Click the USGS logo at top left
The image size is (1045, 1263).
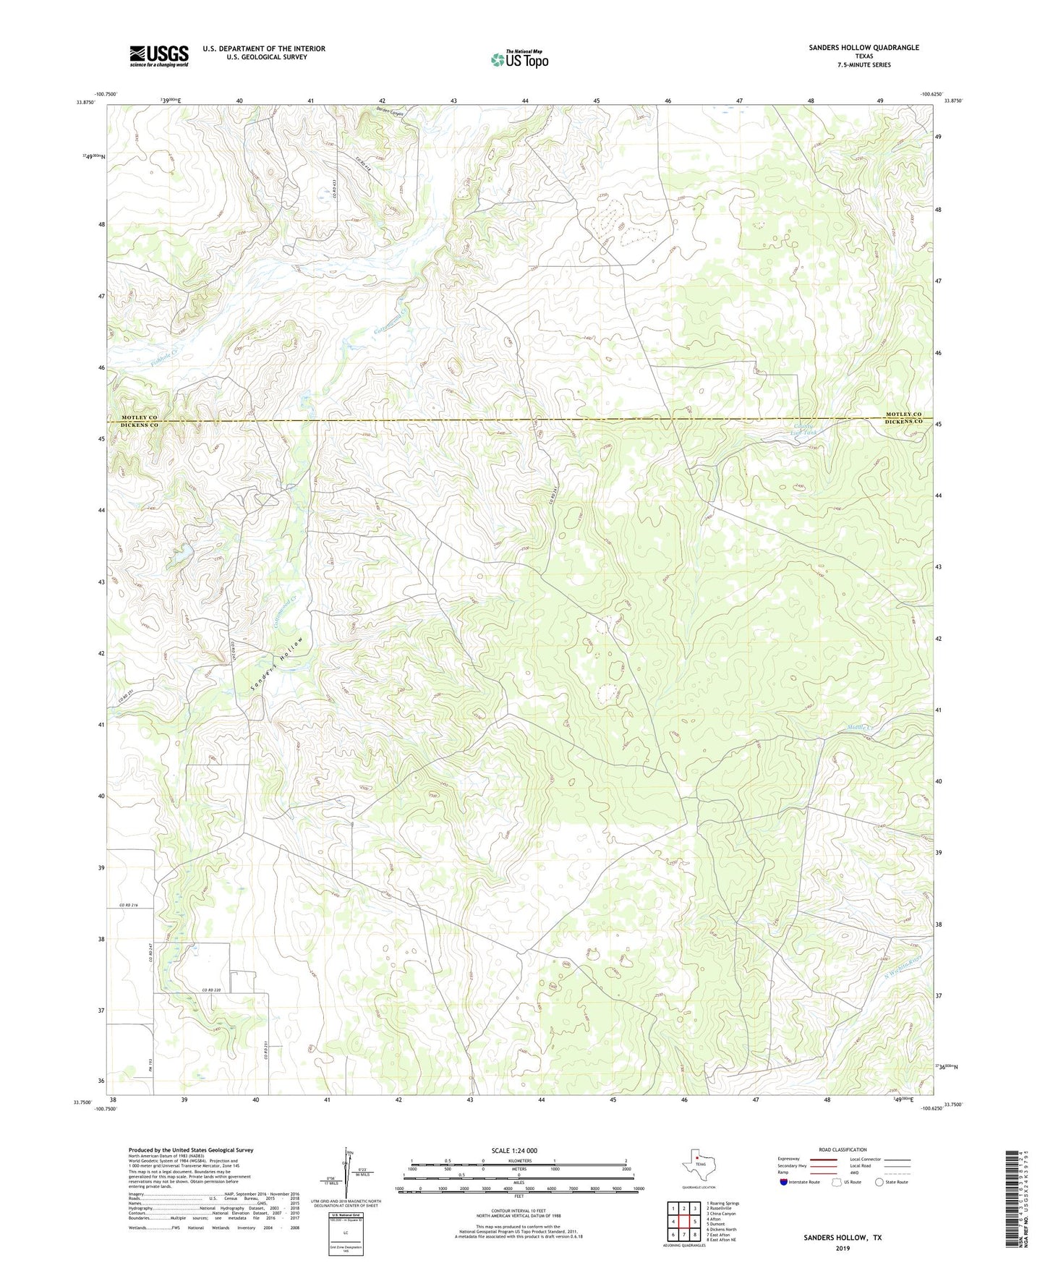(x=159, y=56)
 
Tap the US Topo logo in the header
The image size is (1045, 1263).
(x=519, y=59)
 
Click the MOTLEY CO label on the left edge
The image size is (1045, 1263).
(x=139, y=417)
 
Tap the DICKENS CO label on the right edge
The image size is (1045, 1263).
(x=904, y=421)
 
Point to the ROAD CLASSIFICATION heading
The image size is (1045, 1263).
(x=843, y=1149)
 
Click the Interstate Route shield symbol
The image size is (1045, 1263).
(x=784, y=1182)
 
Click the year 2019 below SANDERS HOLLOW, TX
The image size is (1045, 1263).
(x=843, y=1248)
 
